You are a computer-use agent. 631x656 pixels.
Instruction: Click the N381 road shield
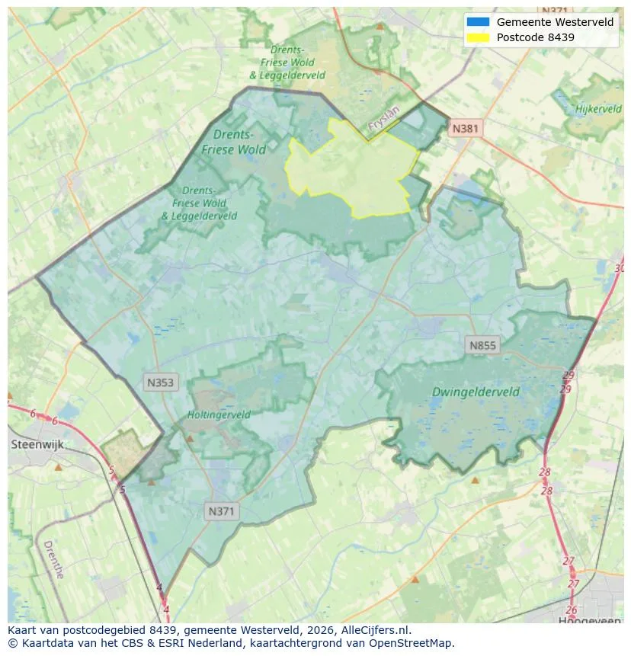click(465, 128)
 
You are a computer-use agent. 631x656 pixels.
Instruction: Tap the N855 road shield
click(482, 345)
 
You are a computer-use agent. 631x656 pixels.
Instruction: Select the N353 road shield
click(160, 382)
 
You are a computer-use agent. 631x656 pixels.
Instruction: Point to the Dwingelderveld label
click(476, 392)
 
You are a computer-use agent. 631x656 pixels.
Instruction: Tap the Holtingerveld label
click(219, 415)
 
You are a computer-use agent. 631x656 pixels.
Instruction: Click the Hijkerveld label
click(598, 109)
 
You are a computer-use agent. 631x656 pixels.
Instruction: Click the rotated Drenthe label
click(53, 560)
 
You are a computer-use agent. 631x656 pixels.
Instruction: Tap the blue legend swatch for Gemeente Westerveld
click(478, 22)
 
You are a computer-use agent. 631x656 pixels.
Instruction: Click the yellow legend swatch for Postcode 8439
click(478, 37)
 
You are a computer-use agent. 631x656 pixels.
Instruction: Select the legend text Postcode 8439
click(535, 37)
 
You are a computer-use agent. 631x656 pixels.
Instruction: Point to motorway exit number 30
click(619, 268)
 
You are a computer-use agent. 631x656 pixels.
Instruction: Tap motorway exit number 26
click(572, 610)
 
